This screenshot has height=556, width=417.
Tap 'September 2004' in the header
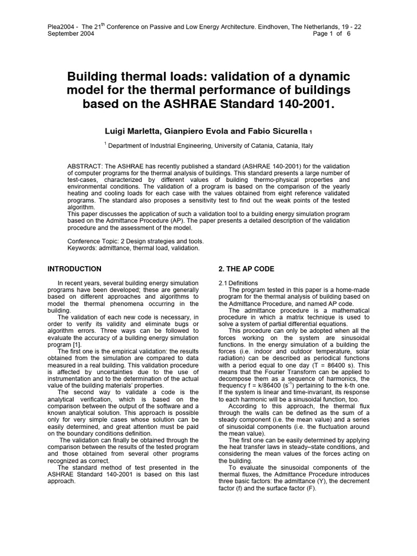click(71, 33)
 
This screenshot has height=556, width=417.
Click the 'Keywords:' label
click(83, 248)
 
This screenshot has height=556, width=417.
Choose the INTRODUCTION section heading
click(74, 269)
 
